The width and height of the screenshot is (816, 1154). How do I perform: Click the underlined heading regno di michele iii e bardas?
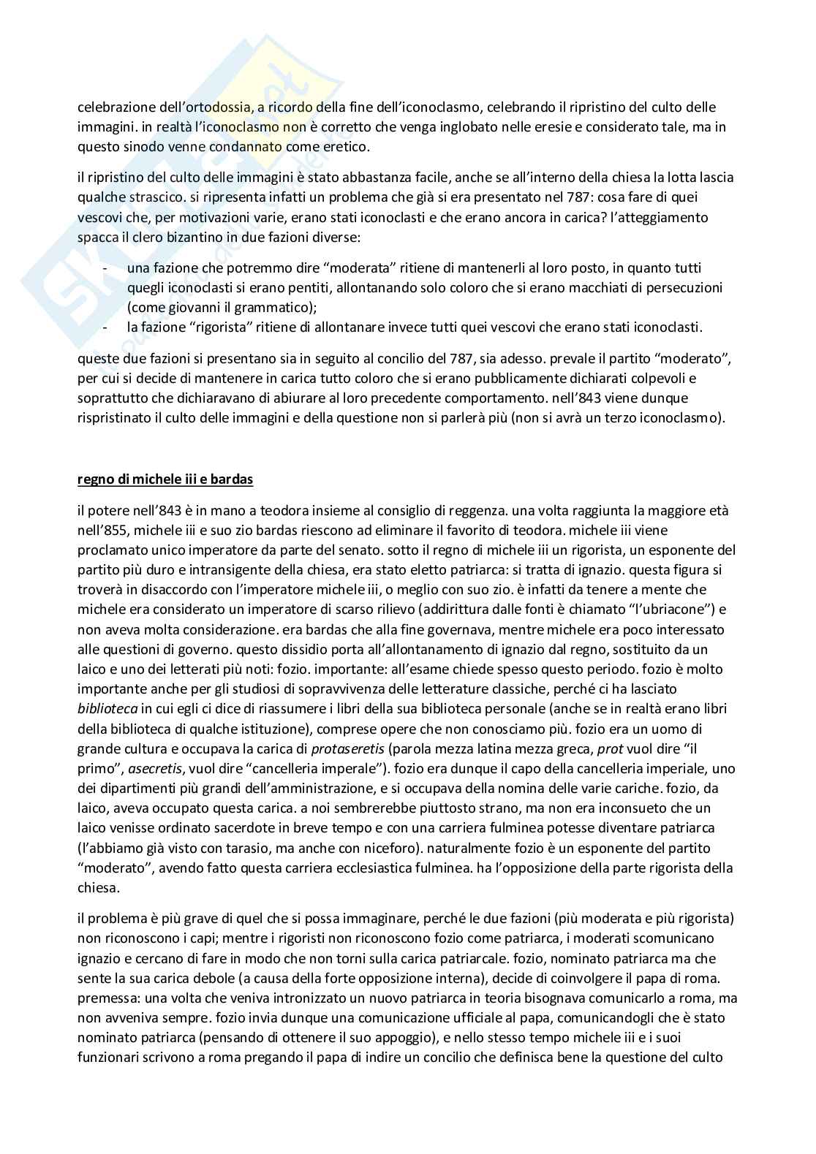click(x=165, y=480)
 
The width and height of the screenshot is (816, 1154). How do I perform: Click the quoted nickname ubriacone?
click(x=670, y=610)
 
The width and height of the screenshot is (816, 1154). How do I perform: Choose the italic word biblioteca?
click(x=108, y=709)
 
